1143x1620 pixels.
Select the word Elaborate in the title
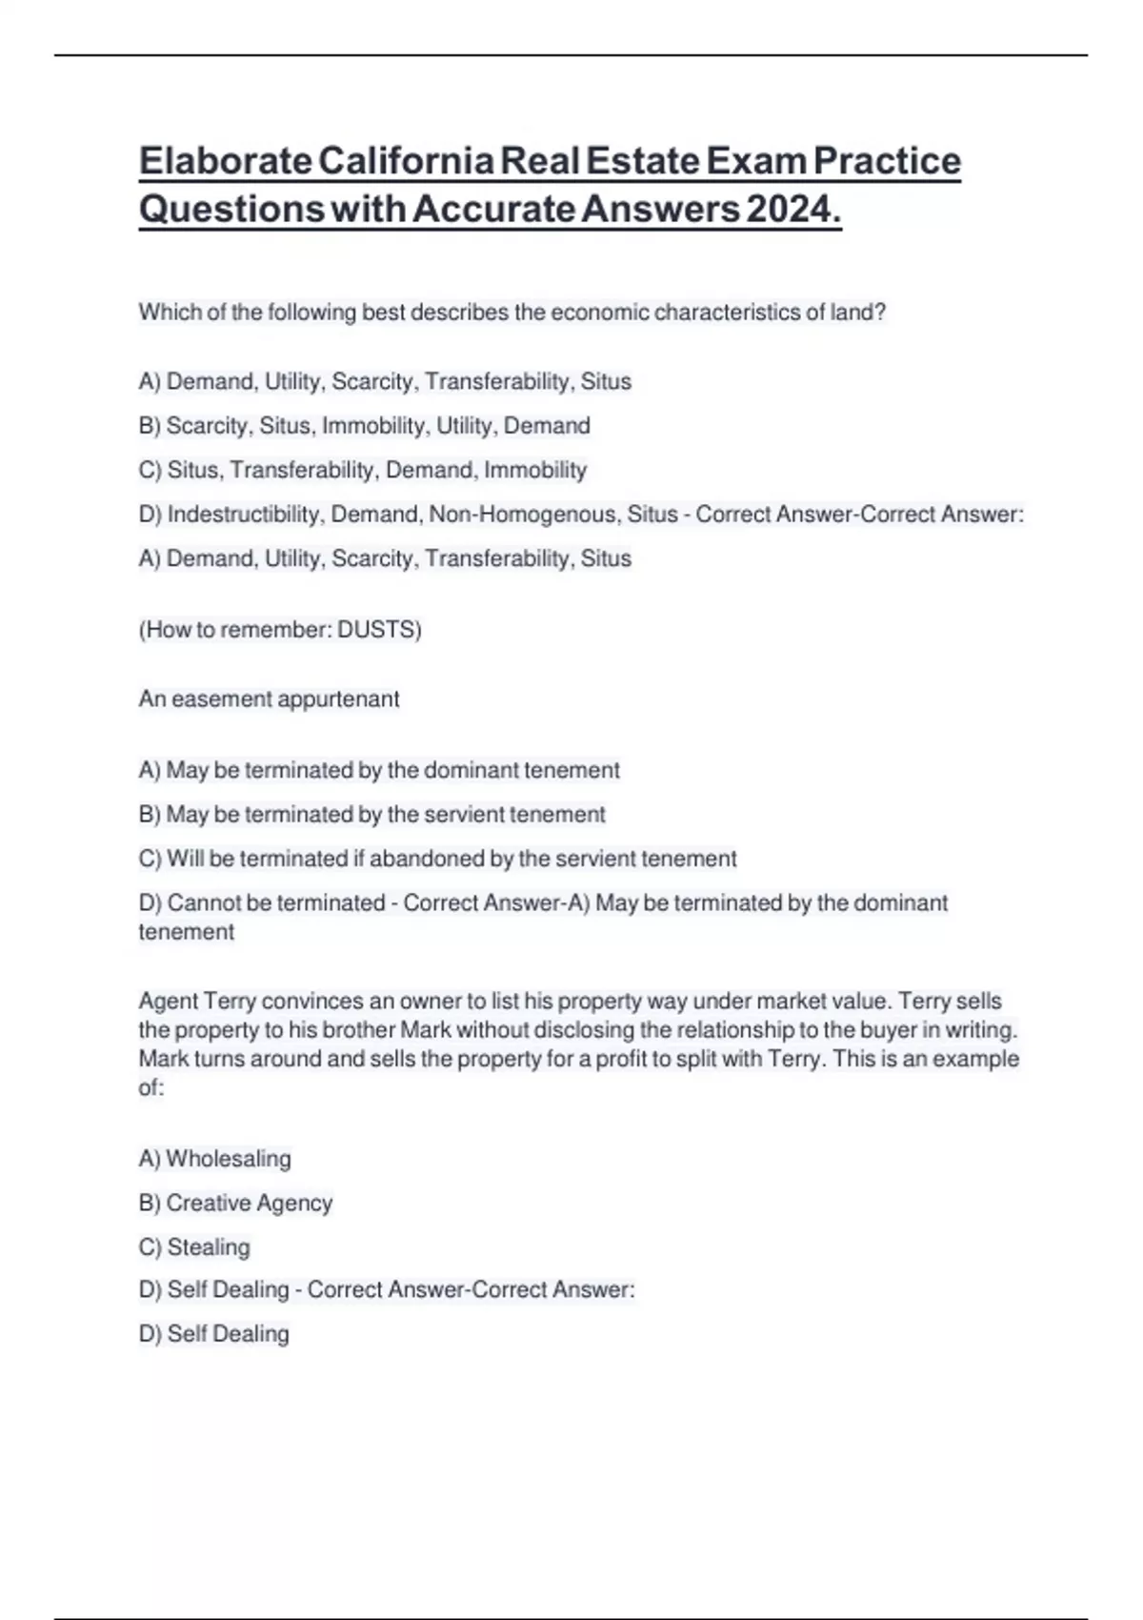226,161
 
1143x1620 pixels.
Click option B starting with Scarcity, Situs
364,426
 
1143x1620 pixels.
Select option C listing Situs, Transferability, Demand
362,470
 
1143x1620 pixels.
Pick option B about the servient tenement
371,815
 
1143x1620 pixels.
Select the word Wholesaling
229,1159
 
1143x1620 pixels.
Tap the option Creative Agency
249,1203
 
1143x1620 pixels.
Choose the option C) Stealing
194,1246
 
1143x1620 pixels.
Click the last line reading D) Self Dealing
213,1334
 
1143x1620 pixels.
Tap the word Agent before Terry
168,1002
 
